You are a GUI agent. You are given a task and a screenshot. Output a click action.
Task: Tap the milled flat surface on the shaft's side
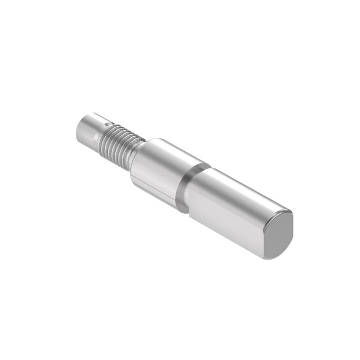point(227,222)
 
